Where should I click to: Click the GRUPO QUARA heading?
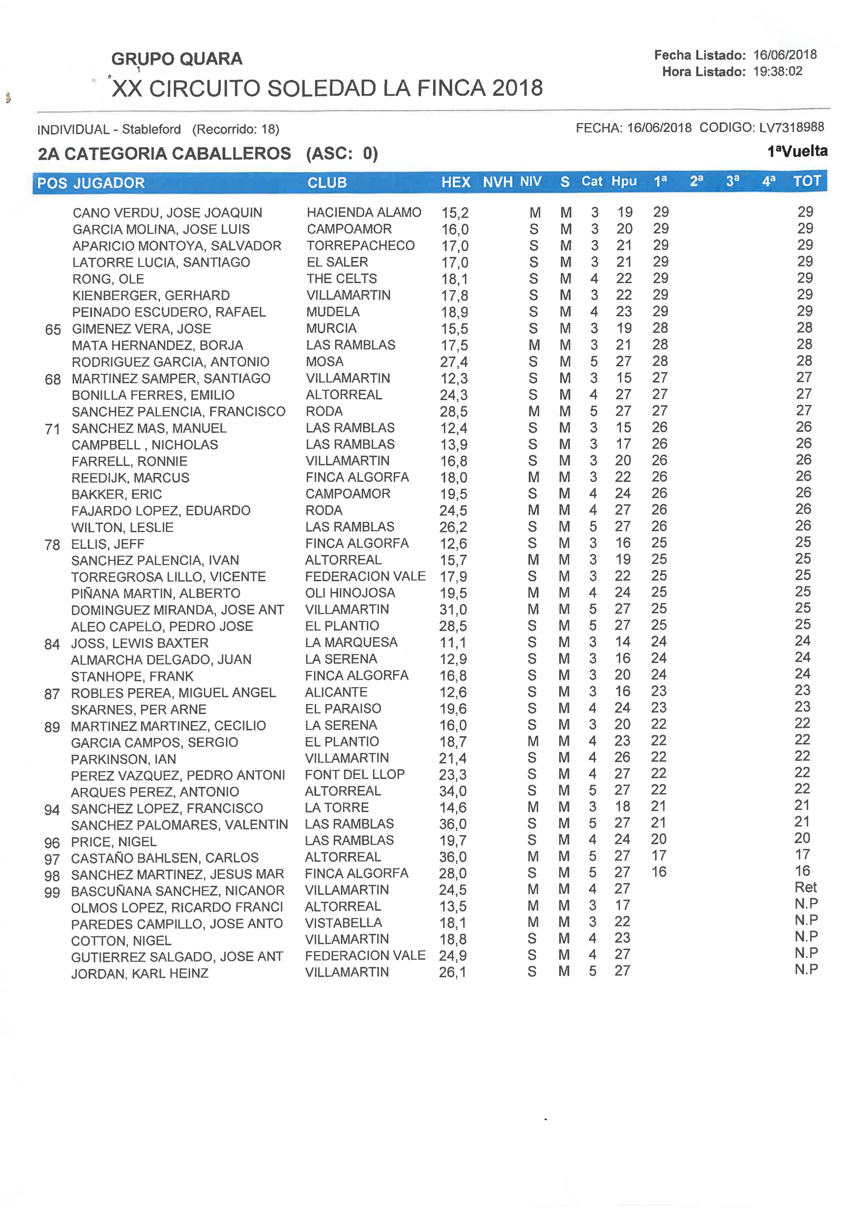click(177, 59)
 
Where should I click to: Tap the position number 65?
click(53, 330)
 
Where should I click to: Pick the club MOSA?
click(325, 361)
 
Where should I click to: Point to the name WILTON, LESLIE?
click(122, 527)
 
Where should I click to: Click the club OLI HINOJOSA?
click(350, 593)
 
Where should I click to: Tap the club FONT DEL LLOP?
click(355, 774)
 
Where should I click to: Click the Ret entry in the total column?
click(805, 888)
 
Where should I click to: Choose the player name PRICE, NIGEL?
click(114, 842)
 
